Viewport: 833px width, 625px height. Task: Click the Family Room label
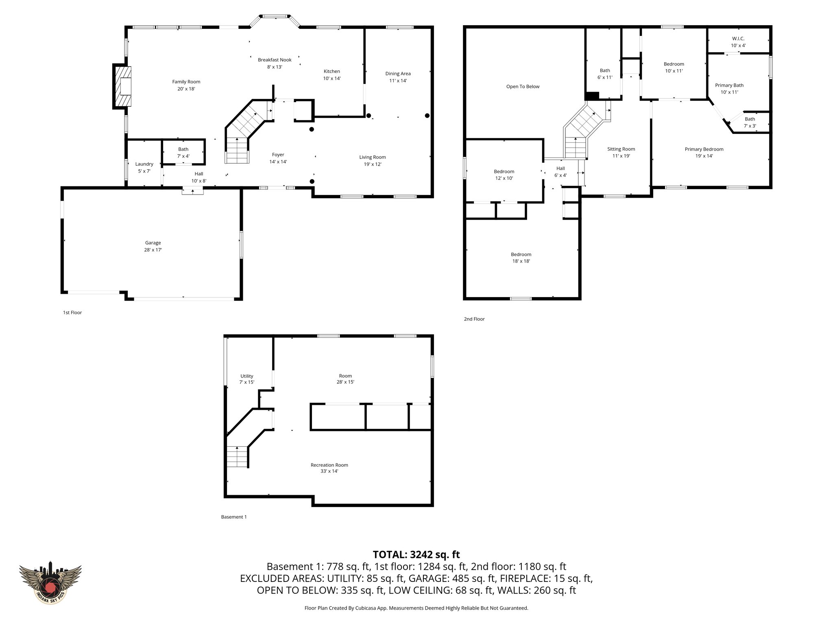pos(186,85)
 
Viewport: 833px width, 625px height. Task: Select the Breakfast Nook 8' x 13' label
pos(275,63)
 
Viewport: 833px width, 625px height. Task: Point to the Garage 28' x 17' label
pos(153,246)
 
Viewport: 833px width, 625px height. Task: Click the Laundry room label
pos(144,167)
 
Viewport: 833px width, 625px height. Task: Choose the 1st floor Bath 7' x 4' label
pos(183,152)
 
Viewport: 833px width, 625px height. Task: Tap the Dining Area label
pos(398,77)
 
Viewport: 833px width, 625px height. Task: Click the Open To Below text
pos(523,87)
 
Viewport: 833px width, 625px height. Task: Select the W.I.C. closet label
pos(738,42)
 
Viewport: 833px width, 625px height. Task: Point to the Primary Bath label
pos(729,88)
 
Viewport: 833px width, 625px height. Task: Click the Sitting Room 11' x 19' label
pos(621,152)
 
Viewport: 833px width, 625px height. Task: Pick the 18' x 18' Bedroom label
pos(521,258)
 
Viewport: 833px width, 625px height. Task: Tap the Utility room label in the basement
pos(246,379)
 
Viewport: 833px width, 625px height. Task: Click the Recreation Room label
pos(329,468)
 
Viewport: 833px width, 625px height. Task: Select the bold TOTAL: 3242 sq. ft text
pos(416,555)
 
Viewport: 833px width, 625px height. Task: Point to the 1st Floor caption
pos(72,312)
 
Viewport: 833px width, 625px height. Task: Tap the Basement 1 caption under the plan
pos(234,517)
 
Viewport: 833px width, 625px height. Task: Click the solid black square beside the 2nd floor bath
pos(592,96)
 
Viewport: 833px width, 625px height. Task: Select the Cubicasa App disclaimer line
pos(416,608)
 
